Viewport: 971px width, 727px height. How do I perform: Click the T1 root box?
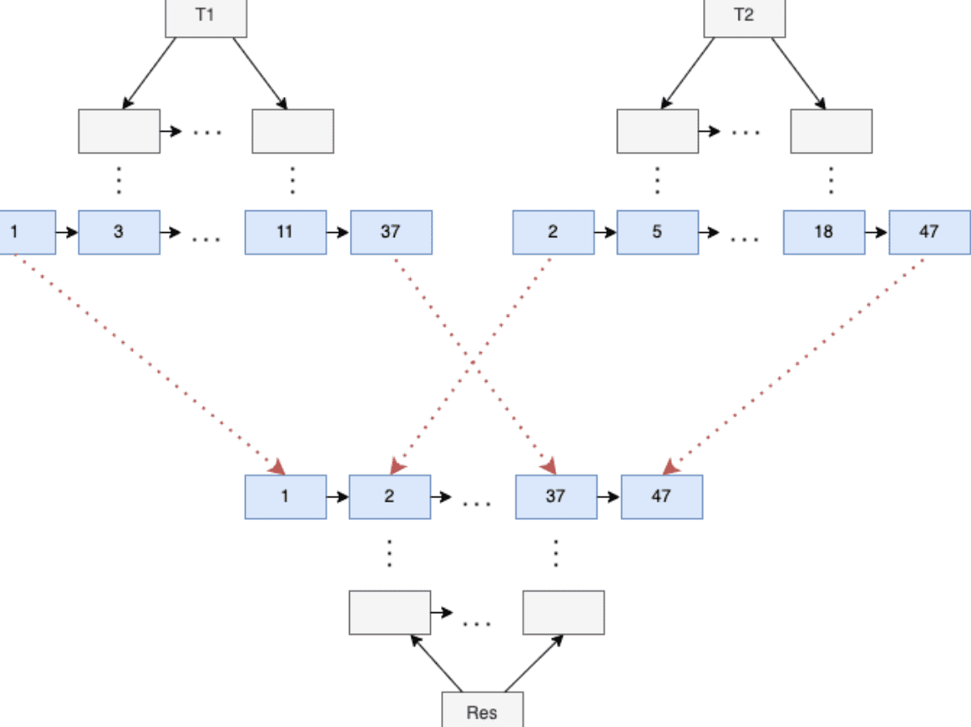[205, 17]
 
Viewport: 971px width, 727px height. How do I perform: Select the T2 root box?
[744, 17]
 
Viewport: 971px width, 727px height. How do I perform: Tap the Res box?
[482, 710]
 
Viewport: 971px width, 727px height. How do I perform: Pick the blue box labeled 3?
[119, 232]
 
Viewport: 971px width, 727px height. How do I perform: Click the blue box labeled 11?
[286, 232]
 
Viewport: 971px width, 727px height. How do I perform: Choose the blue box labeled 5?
[657, 232]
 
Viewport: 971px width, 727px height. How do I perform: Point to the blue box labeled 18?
[823, 232]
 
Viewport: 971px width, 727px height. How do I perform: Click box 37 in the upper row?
[390, 232]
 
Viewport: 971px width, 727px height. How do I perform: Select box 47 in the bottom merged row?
[662, 496]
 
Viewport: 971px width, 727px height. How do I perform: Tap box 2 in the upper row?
[553, 232]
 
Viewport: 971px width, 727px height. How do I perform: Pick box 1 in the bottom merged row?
[286, 496]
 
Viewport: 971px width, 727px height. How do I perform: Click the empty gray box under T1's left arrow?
[119, 131]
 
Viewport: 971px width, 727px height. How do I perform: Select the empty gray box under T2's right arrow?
[831, 131]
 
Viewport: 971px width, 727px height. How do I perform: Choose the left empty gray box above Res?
[390, 612]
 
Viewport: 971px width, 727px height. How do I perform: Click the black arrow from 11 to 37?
[338, 232]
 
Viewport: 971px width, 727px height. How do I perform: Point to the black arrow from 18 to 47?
[876, 232]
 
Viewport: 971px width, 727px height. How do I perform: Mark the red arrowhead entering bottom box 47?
[670, 466]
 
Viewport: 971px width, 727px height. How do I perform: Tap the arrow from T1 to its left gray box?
[150, 73]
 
